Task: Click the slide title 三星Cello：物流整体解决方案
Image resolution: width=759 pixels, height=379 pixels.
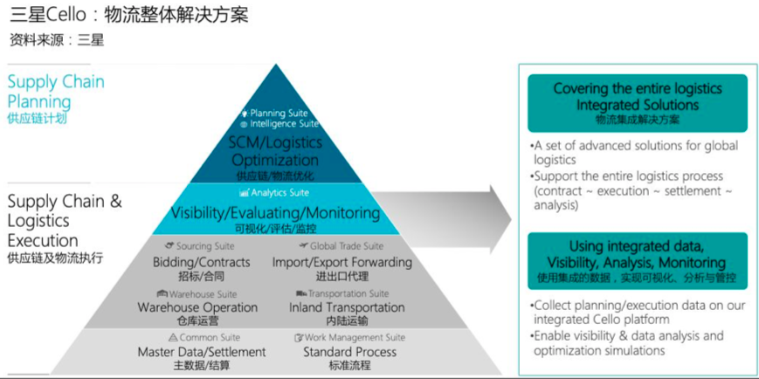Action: click(x=128, y=15)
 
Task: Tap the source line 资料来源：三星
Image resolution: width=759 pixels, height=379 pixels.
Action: click(x=57, y=40)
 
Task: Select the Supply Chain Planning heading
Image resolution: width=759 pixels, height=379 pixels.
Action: click(x=56, y=92)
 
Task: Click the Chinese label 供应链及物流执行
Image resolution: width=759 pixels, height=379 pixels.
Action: click(x=55, y=258)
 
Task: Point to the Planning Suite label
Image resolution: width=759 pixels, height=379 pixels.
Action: click(x=274, y=113)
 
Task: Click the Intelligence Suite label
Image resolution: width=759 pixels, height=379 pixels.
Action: click(x=279, y=124)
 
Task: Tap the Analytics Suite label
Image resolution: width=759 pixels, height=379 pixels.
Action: click(x=274, y=193)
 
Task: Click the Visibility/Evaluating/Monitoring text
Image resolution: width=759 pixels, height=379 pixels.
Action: click(x=275, y=212)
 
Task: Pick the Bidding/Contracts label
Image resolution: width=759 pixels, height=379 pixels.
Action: click(x=202, y=262)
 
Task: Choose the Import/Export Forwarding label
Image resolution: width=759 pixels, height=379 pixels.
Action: click(x=342, y=262)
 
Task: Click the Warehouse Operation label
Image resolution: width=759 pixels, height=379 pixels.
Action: click(x=197, y=307)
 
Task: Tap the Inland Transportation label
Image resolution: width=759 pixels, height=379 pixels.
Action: click(x=347, y=307)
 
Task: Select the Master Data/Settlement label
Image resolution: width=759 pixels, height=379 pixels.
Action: click(x=202, y=352)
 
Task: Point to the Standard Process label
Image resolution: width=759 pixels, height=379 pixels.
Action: click(x=349, y=352)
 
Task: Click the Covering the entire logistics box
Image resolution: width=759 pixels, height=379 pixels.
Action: click(x=638, y=103)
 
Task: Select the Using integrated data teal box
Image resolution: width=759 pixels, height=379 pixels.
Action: click(x=638, y=261)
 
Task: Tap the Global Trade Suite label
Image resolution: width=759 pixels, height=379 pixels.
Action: click(x=342, y=246)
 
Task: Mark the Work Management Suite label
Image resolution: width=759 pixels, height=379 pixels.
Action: click(x=349, y=337)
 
